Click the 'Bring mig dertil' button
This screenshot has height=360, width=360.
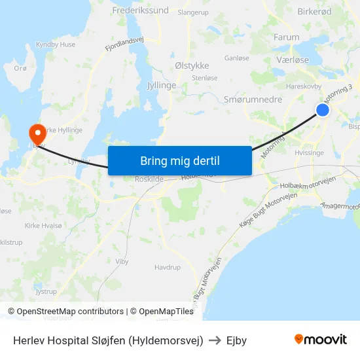pos(179,161)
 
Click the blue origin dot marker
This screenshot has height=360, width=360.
pos(323,110)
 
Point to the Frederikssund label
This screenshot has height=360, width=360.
pos(140,10)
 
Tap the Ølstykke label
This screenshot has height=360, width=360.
pos(192,65)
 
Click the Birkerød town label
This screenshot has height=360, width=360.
pos(314,12)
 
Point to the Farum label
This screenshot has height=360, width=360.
pos(287,37)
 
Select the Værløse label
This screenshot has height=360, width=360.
pos(292,60)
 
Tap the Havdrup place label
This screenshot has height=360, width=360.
pos(167,267)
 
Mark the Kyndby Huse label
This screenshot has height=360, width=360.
pos(56,45)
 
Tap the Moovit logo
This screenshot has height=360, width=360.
pos(320,339)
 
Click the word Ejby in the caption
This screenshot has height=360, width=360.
pos(236,340)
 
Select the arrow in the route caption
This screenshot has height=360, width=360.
pos(215,340)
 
